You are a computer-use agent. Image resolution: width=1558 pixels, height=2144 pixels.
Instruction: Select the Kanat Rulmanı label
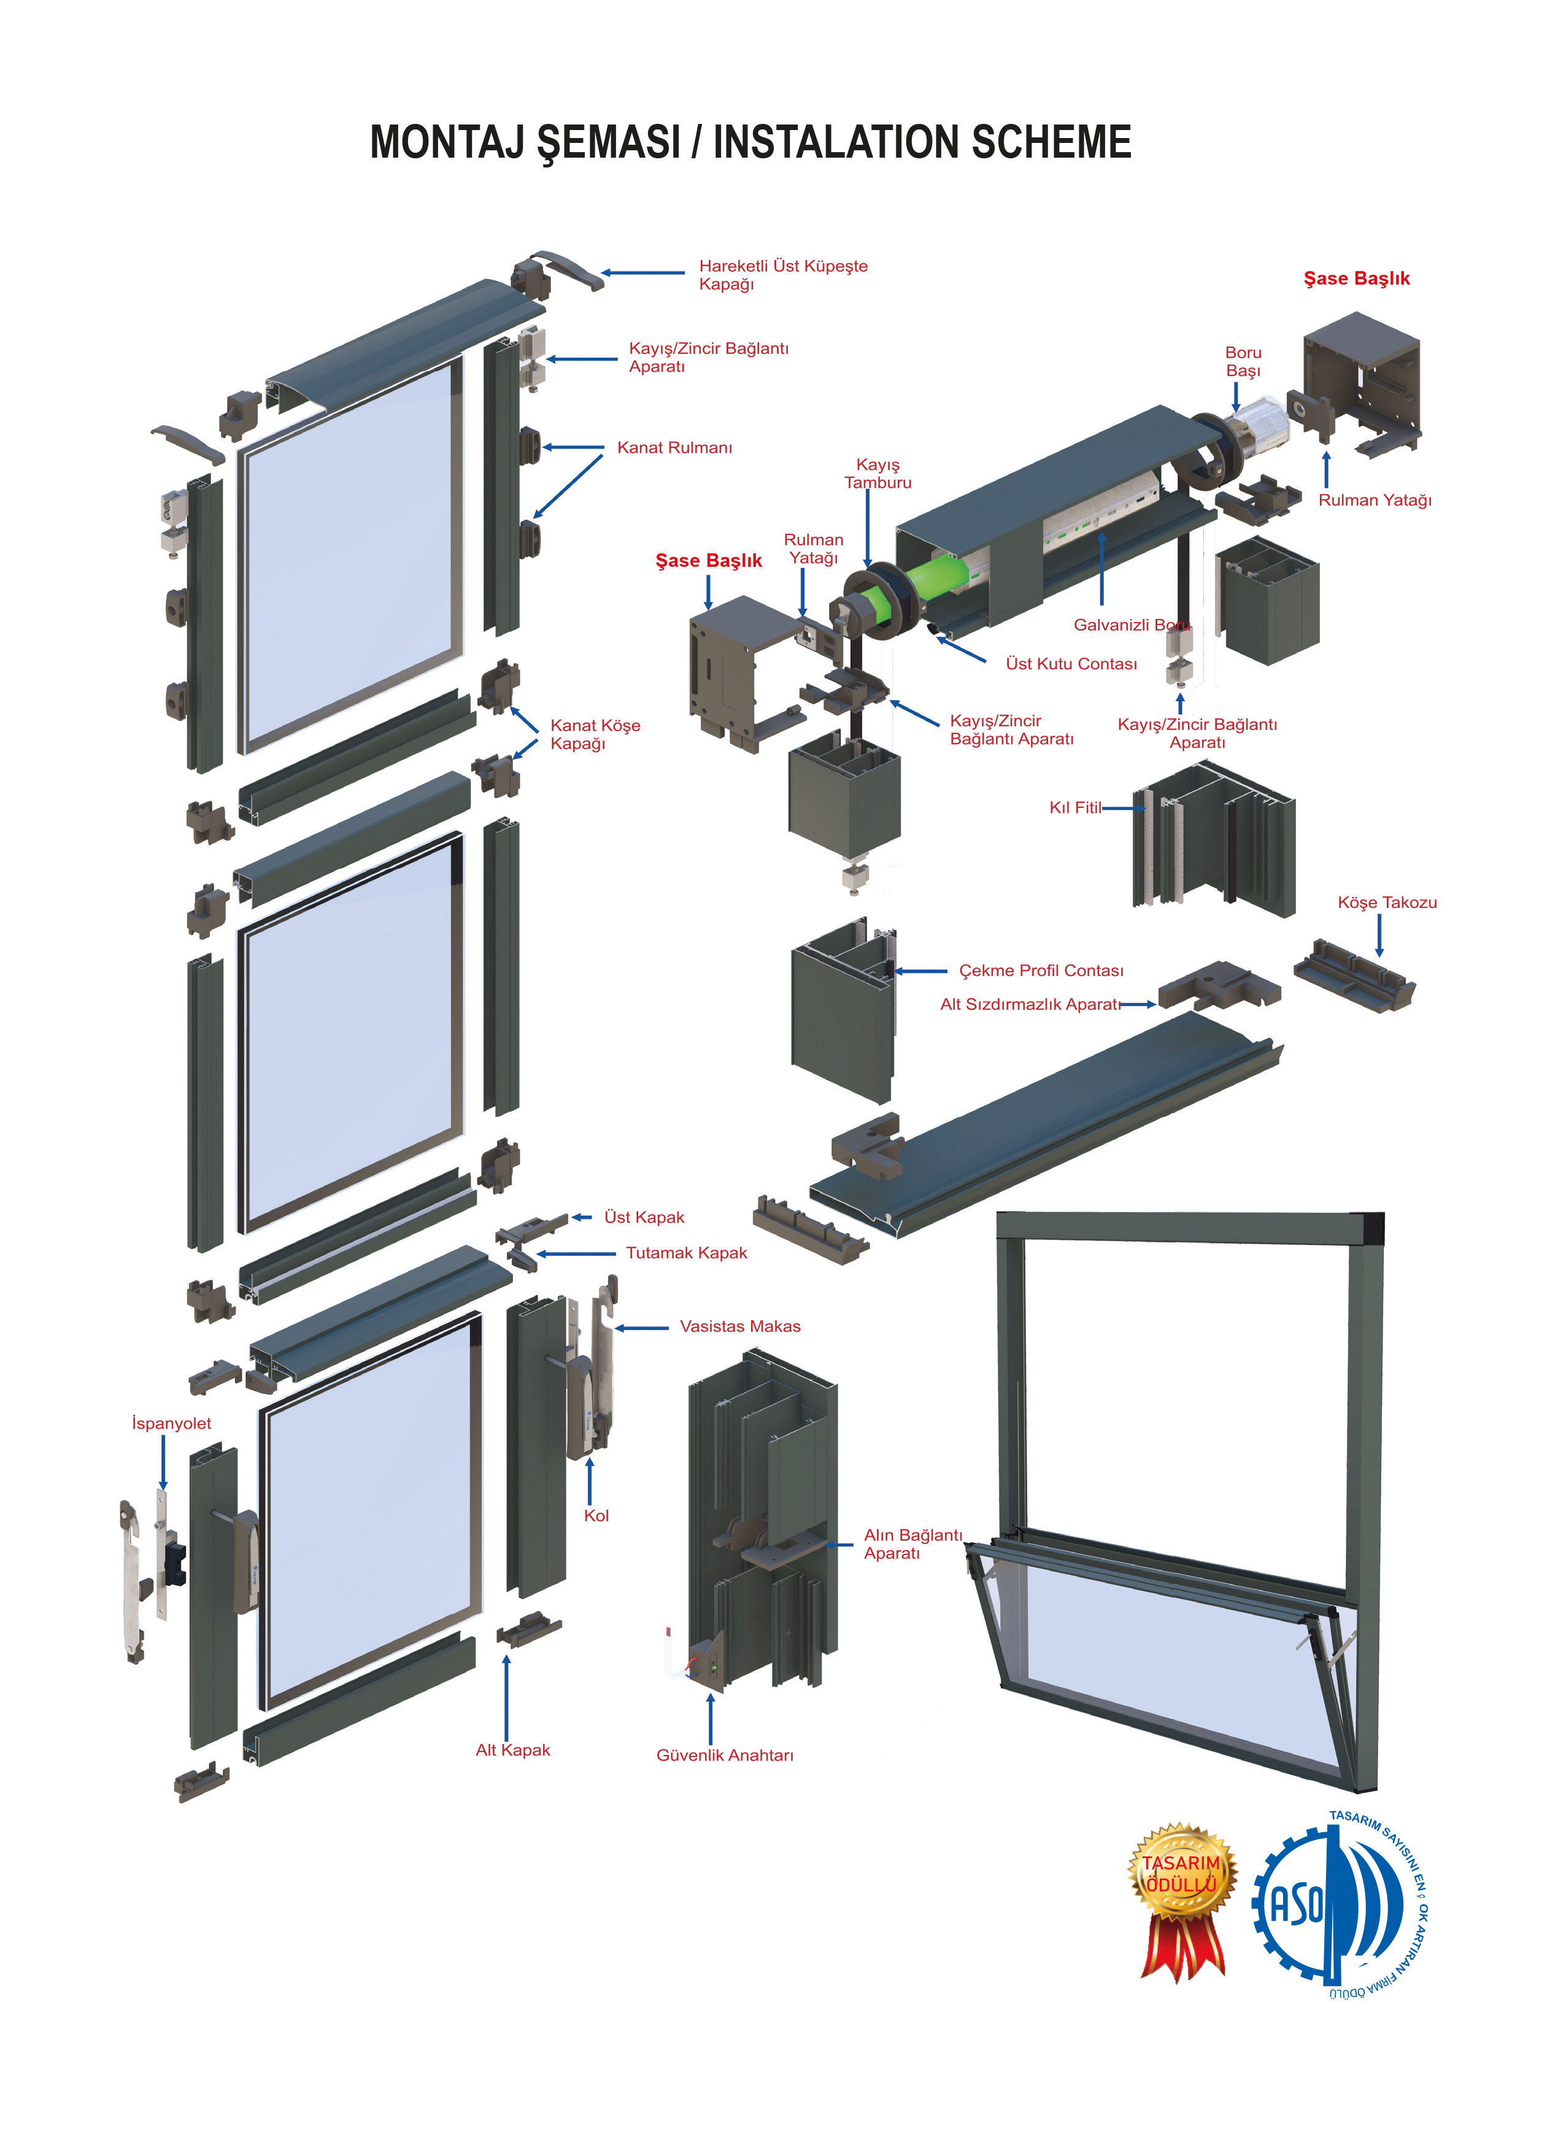pyautogui.click(x=674, y=448)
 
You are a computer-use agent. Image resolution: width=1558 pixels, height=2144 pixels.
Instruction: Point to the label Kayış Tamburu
pyautogui.click(x=877, y=474)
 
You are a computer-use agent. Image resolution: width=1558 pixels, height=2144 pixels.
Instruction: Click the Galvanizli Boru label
pyautogui.click(x=1131, y=625)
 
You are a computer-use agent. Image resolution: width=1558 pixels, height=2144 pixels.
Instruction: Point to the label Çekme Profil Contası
pyautogui.click(x=1041, y=971)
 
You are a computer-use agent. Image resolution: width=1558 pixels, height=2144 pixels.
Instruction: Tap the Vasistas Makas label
pyautogui.click(x=739, y=1326)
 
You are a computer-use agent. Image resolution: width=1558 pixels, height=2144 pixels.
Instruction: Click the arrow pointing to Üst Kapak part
pyautogui.click(x=582, y=1218)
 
